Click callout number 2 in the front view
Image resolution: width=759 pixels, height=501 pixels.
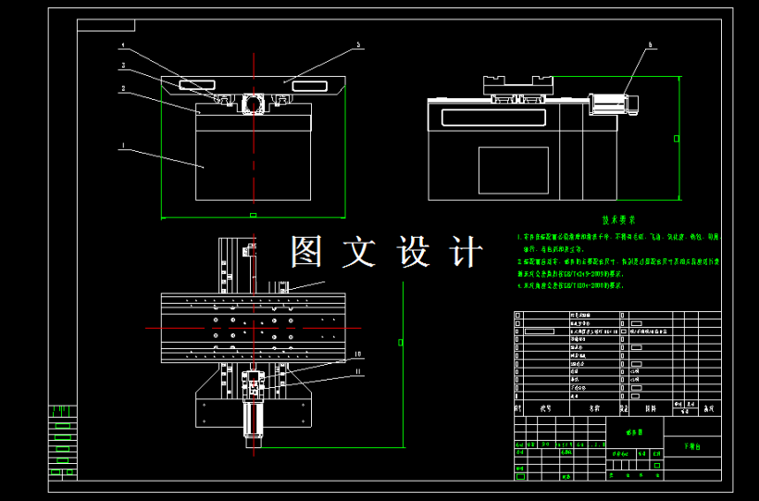122,89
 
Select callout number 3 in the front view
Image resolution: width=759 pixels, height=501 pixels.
122,66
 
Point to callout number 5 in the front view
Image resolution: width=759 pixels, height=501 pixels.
358,44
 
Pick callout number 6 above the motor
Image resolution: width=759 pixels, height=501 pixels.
650,44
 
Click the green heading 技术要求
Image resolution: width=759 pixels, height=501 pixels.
618,220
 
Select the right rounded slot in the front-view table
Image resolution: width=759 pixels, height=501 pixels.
309,86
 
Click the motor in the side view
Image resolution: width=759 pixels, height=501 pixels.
611,104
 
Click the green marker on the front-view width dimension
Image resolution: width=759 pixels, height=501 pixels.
253,215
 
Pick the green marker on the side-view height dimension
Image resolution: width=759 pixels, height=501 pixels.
677,139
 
